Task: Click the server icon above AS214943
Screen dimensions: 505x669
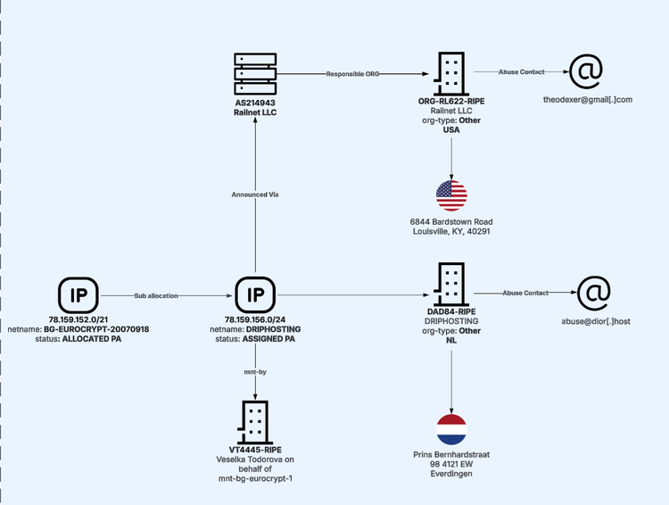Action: (x=255, y=74)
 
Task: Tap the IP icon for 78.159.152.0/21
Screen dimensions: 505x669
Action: (x=78, y=294)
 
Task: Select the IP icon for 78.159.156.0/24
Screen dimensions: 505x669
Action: (x=255, y=294)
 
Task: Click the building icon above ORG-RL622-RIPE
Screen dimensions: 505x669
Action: (x=451, y=73)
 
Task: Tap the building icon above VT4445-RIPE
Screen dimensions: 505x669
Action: (x=255, y=423)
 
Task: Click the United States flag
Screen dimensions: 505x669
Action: (x=451, y=195)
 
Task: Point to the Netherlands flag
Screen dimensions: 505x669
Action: (x=451, y=429)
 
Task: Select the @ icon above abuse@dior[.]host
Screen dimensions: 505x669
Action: (x=594, y=293)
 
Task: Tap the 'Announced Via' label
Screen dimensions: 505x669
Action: (x=255, y=195)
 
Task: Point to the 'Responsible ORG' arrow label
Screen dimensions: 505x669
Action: (x=353, y=74)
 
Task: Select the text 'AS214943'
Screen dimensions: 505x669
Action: (x=255, y=103)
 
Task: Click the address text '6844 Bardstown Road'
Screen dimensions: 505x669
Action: (x=451, y=221)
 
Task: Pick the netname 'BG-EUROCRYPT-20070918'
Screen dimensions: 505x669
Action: (x=96, y=329)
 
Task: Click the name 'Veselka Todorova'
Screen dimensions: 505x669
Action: (x=255, y=459)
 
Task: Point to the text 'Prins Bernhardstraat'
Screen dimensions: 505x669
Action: (x=451, y=454)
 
